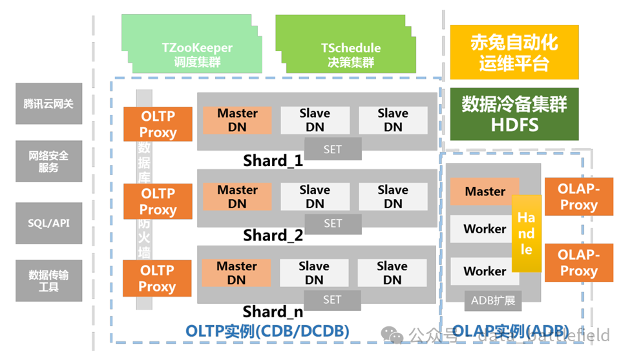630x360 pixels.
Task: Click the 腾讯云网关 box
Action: [x=49, y=103]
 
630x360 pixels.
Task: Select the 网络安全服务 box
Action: [x=49, y=162]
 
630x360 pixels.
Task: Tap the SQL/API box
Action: [x=49, y=223]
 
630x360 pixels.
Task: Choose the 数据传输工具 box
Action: [x=49, y=281]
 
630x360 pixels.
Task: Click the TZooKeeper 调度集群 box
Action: [x=197, y=55]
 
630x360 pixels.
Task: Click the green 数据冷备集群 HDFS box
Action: [x=514, y=114]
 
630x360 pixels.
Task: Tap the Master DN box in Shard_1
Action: [x=237, y=120]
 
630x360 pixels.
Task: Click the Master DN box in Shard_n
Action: [x=236, y=273]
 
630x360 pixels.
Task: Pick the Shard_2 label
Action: [x=273, y=235]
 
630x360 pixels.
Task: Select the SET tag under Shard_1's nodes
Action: [x=332, y=150]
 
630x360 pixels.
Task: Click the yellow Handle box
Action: [x=527, y=233]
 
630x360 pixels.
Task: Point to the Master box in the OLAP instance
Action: [x=485, y=191]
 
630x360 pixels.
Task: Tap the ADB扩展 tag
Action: [x=492, y=299]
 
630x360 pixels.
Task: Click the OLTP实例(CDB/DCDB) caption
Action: [x=268, y=332]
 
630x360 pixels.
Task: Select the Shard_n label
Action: [x=273, y=312]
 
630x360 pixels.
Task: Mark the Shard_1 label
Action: [x=273, y=160]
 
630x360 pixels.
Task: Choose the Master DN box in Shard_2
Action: [x=237, y=196]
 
